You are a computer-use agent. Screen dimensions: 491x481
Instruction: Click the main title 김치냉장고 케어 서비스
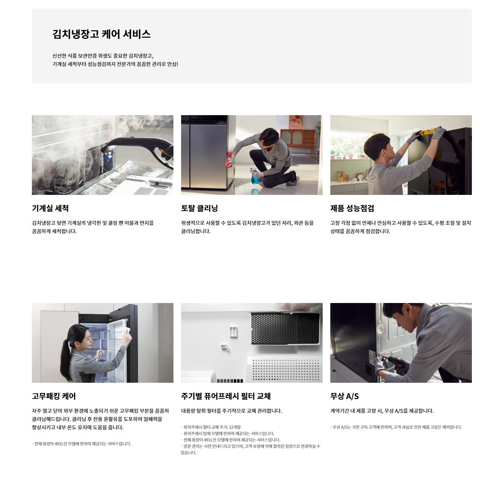(x=101, y=34)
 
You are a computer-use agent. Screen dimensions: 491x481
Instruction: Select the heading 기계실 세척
(x=50, y=208)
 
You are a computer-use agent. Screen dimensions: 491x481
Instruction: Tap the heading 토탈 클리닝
(x=200, y=208)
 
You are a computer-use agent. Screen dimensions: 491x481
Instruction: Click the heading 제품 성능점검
(x=352, y=208)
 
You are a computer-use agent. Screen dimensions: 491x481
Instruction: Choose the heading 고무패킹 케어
(x=54, y=396)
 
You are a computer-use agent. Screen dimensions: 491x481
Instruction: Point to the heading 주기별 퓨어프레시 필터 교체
(x=226, y=396)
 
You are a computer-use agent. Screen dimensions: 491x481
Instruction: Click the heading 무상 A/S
(x=345, y=396)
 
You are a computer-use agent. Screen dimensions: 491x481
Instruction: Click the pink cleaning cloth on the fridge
(x=230, y=159)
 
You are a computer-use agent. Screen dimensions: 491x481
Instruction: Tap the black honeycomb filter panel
(x=285, y=329)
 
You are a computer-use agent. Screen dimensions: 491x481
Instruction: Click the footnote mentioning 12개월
(x=211, y=427)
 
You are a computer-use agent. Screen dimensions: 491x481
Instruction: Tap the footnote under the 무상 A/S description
(x=396, y=427)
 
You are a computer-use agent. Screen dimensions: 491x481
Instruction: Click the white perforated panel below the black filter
(x=285, y=368)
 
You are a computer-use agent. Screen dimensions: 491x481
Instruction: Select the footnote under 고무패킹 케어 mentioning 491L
(x=81, y=444)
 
